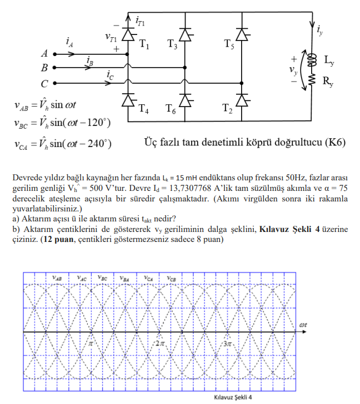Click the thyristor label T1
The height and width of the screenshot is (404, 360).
click(x=144, y=45)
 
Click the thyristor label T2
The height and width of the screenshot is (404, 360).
click(x=227, y=108)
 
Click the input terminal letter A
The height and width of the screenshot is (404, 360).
click(x=44, y=54)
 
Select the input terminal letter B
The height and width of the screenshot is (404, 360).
click(x=44, y=68)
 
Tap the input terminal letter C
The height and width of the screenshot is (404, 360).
click(x=44, y=84)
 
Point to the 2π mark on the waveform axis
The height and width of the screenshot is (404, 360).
click(x=160, y=344)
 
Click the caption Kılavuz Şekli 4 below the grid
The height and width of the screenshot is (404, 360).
click(x=233, y=397)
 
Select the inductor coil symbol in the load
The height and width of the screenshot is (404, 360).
click(x=312, y=59)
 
